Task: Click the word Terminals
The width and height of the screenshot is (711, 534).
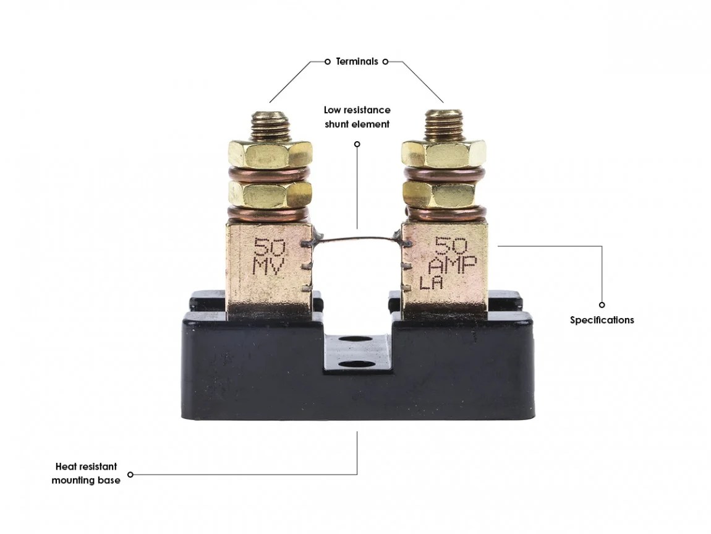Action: pyautogui.click(x=357, y=61)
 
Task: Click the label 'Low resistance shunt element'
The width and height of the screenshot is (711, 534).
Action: pyautogui.click(x=357, y=117)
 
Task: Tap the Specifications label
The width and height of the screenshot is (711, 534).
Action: pyautogui.click(x=602, y=320)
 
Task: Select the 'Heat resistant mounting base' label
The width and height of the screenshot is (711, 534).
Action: pyautogui.click(x=86, y=473)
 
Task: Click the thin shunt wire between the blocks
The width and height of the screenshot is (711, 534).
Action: pyautogui.click(x=357, y=239)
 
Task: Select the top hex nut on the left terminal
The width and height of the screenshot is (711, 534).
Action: pyautogui.click(x=270, y=153)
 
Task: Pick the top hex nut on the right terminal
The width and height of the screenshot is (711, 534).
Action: pyautogui.click(x=443, y=153)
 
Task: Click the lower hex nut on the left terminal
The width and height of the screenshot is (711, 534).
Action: pyautogui.click(x=270, y=194)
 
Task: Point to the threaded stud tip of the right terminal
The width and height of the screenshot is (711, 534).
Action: pyautogui.click(x=443, y=123)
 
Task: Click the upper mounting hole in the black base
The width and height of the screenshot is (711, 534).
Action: pyautogui.click(x=357, y=339)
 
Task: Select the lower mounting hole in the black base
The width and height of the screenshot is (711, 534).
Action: pyautogui.click(x=357, y=365)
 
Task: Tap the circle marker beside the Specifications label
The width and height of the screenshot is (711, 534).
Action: pyautogui.click(x=602, y=304)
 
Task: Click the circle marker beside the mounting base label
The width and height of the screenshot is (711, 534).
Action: pyautogui.click(x=130, y=475)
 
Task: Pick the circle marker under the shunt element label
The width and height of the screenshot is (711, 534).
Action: pyautogui.click(x=357, y=144)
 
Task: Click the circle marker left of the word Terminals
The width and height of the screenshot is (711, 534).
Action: pyautogui.click(x=328, y=61)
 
